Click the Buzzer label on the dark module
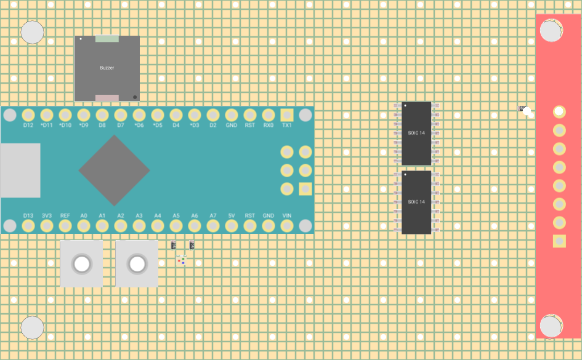(x=107, y=68)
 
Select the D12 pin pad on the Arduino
(x=28, y=115)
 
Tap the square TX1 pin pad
(x=286, y=115)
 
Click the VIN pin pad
(x=286, y=226)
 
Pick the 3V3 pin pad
(x=46, y=226)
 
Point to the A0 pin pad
(x=83, y=226)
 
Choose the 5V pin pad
(x=231, y=226)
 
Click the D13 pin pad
(x=28, y=226)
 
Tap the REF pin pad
(x=65, y=226)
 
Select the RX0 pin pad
(x=268, y=115)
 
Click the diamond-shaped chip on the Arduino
(x=114, y=170)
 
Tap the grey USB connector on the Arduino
(x=20, y=170)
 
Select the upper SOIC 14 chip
(x=416, y=133)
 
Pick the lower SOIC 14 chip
(x=416, y=202)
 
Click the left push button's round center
(x=81, y=264)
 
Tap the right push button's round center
(x=137, y=264)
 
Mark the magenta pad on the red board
(x=559, y=111)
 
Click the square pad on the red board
(x=559, y=241)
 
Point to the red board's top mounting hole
(x=551, y=30)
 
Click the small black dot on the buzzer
(x=135, y=97)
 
